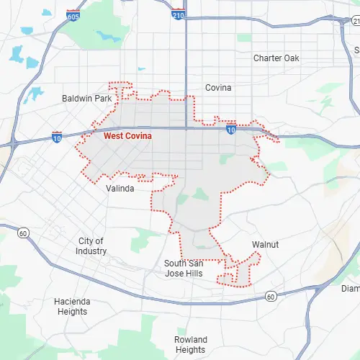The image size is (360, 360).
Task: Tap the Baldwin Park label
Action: click(x=86, y=98)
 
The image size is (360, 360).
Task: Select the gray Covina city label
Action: click(x=218, y=88)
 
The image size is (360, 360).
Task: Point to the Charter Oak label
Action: click(x=276, y=58)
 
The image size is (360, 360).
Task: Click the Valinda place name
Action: click(x=120, y=189)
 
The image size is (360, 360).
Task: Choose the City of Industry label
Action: click(x=91, y=246)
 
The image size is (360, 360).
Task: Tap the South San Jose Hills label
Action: click(x=184, y=268)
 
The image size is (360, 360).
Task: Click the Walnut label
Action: click(x=265, y=245)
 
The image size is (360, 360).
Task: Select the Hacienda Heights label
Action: click(x=71, y=307)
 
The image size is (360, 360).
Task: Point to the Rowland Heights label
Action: click(x=190, y=344)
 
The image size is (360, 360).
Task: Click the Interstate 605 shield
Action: click(x=72, y=15)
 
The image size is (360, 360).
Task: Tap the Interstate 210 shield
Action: click(x=178, y=14)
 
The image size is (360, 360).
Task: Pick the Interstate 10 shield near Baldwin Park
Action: click(x=58, y=136)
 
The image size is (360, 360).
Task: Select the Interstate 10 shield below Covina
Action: click(x=230, y=130)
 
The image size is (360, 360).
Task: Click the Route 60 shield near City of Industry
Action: click(x=23, y=233)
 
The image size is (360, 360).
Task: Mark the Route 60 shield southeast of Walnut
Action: click(x=270, y=296)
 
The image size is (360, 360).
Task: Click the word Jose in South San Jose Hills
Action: click(x=174, y=273)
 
